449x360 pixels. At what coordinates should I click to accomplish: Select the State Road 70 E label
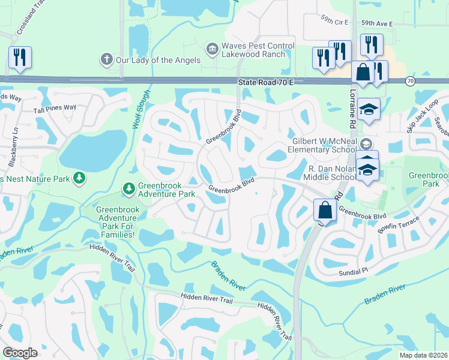[x=265, y=81]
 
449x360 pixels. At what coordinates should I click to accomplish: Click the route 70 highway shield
[x=410, y=80]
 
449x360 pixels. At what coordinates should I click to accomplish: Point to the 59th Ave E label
[x=376, y=23]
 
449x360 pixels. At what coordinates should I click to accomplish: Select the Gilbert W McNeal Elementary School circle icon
[x=366, y=144]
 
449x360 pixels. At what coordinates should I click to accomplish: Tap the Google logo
[x=20, y=352]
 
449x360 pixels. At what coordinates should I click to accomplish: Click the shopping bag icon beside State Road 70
[x=363, y=73]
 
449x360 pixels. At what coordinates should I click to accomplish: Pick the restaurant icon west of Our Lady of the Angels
[x=20, y=58]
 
